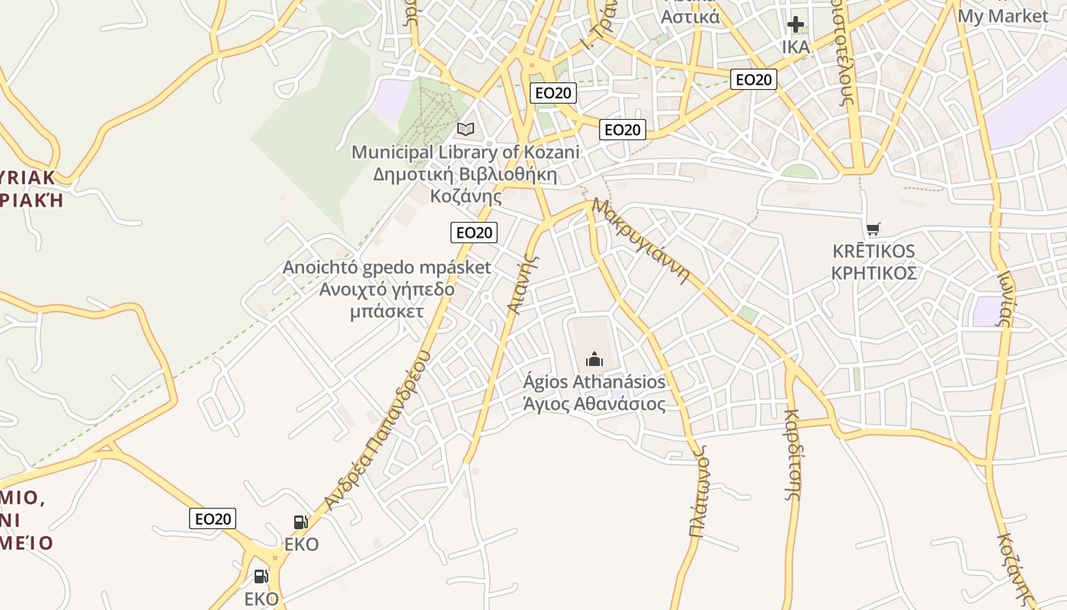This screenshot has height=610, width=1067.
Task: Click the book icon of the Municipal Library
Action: click(x=465, y=130)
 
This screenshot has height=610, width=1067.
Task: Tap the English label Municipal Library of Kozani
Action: click(x=465, y=152)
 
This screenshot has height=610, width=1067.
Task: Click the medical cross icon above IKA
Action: click(x=796, y=24)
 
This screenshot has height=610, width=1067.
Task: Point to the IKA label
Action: click(x=796, y=47)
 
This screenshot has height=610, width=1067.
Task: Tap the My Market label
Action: click(x=1003, y=15)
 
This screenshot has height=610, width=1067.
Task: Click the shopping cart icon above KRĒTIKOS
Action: click(x=873, y=229)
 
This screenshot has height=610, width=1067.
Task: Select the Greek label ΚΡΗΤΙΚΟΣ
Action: click(x=873, y=273)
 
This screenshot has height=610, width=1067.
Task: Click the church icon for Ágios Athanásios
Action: click(x=594, y=358)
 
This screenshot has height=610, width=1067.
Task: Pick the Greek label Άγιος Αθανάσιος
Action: click(x=594, y=404)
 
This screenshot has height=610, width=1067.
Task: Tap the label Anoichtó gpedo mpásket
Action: click(x=386, y=268)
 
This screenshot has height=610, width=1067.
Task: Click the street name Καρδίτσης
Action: click(x=793, y=454)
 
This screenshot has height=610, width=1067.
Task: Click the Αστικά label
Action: click(x=691, y=17)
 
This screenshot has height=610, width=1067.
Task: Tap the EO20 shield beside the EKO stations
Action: click(x=213, y=518)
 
